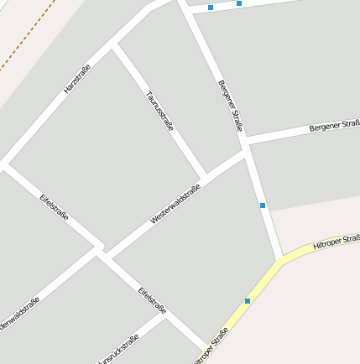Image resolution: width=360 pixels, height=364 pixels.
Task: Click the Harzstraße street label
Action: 77,78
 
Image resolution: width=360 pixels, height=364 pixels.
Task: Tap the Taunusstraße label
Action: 159,111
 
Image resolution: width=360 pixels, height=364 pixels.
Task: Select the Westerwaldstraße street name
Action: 175,204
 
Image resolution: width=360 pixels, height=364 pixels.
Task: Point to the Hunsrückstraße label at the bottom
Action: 117,350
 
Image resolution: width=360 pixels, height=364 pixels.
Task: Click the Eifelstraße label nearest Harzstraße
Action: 55,207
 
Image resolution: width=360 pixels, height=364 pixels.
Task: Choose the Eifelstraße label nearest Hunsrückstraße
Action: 152,300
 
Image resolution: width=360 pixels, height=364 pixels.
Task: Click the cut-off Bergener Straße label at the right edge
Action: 334,127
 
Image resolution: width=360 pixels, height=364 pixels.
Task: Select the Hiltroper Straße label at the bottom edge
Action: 211,346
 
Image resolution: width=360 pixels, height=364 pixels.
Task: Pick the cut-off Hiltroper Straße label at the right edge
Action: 336,242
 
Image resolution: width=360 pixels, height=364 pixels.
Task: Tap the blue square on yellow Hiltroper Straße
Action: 248,300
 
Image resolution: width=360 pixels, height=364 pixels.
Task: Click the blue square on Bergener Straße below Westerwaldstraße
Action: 263,205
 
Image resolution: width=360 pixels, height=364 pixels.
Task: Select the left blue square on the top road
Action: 211,8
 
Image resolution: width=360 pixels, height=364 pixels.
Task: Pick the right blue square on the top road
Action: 239,3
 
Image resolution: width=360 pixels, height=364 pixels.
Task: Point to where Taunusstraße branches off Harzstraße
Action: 115,46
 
